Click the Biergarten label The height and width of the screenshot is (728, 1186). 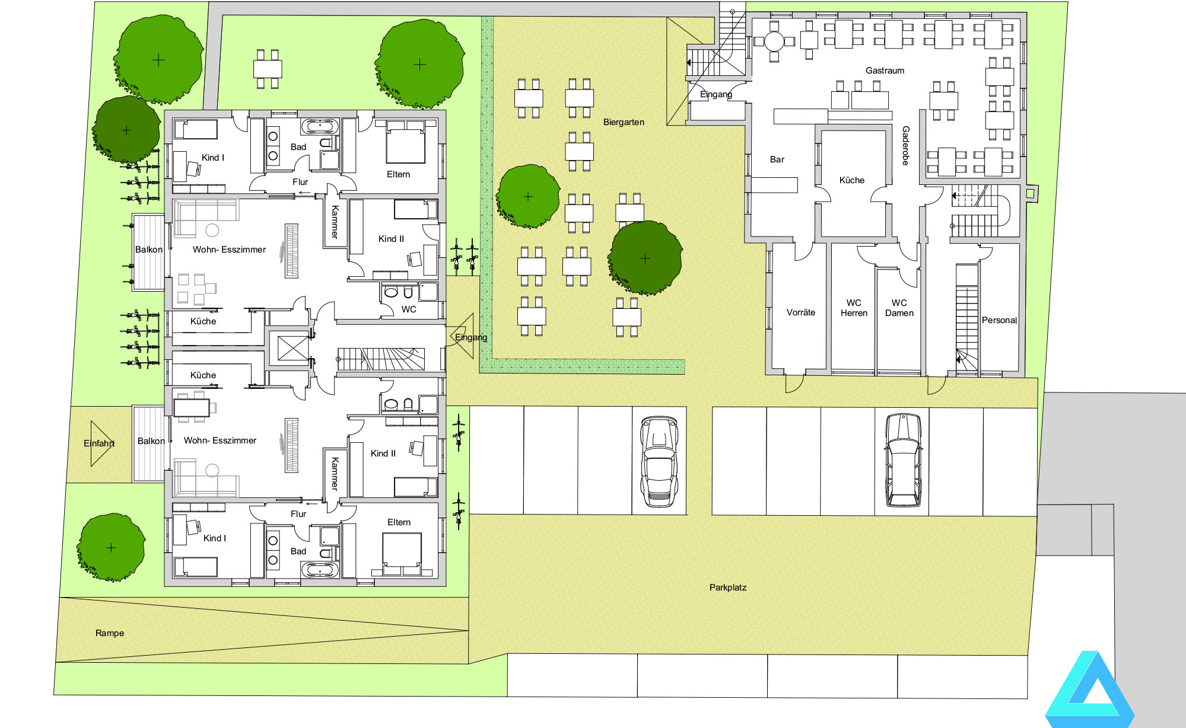624,122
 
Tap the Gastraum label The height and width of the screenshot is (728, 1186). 885,71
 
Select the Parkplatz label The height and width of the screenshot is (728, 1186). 728,587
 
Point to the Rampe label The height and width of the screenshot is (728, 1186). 110,633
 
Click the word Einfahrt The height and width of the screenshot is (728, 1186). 99,443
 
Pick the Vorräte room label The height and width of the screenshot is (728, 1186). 801,312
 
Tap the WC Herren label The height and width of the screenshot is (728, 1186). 854,308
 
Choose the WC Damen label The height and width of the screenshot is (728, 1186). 899,308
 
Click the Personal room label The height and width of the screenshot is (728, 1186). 999,320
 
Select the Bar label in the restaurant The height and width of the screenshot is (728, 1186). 777,159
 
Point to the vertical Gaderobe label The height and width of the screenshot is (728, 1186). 905,145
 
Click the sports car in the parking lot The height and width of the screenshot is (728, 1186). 659,462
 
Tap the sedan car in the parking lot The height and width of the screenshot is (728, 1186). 903,460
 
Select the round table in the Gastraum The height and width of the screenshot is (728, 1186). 774,41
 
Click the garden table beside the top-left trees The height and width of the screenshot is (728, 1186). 268,69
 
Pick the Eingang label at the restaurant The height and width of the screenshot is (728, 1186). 716,94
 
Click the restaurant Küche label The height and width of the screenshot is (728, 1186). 852,180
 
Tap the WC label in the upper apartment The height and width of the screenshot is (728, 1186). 409,309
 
